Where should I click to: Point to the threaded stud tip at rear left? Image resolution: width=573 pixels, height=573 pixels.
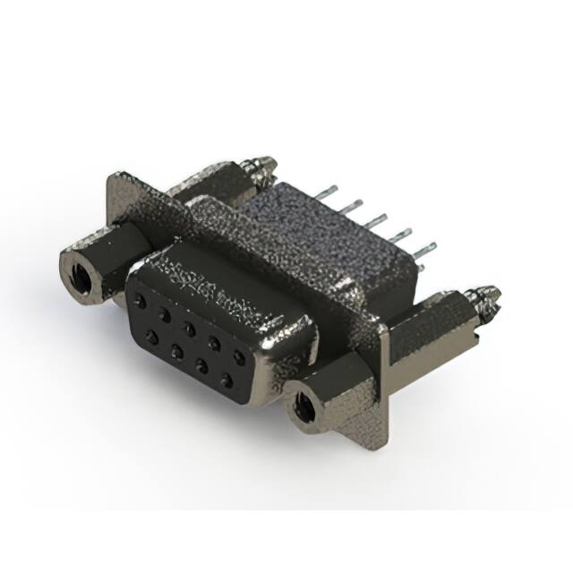point(265,165)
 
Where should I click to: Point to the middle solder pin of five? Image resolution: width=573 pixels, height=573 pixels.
point(381,218)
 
